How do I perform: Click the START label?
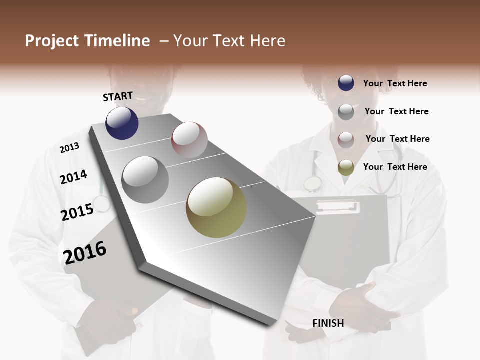click(x=118, y=96)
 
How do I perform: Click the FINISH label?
click(x=328, y=323)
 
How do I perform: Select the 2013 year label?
click(x=69, y=148)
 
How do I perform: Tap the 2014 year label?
click(x=73, y=177)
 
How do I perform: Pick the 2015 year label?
click(x=77, y=212)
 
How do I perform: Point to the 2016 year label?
click(x=85, y=253)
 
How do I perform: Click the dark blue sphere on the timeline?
click(x=122, y=123)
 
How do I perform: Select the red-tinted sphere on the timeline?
click(x=189, y=139)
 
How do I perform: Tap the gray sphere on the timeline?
click(x=145, y=180)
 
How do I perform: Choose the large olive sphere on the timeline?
click(x=216, y=207)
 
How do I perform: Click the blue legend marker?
click(x=346, y=83)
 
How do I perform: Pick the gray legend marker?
click(x=346, y=112)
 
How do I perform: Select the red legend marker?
click(x=346, y=139)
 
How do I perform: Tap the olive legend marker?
click(x=346, y=167)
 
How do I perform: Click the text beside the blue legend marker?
click(x=395, y=83)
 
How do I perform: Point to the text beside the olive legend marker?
click(x=395, y=167)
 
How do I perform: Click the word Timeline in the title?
click(x=117, y=41)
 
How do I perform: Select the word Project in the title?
click(x=52, y=41)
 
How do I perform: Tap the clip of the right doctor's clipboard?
click(x=337, y=206)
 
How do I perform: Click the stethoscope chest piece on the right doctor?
click(x=312, y=184)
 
